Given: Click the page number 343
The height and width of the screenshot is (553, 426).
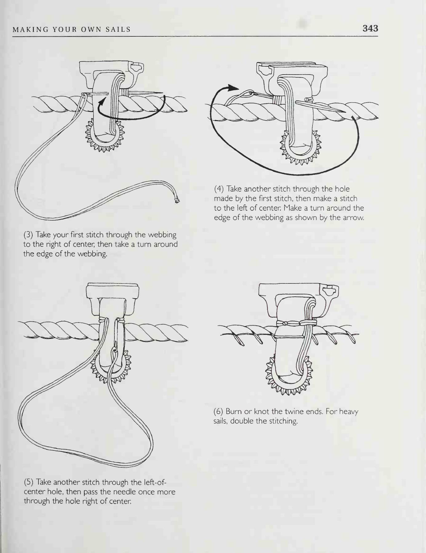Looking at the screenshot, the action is click(x=370, y=28).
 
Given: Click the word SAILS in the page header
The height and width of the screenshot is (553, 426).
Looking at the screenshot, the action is click(x=118, y=30).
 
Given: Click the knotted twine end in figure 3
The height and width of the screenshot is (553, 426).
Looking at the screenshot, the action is click(x=177, y=201).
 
